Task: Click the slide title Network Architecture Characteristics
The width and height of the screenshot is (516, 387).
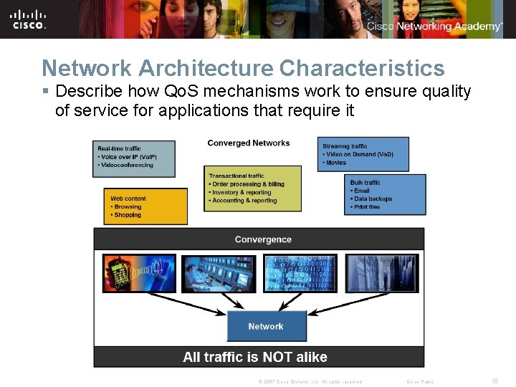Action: (243, 68)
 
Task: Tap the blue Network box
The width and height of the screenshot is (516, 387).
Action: (266, 327)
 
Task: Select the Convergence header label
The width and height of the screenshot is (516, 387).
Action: (263, 239)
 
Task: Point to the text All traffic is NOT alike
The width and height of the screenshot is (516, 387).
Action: (255, 357)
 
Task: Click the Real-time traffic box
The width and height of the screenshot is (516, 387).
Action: (135, 158)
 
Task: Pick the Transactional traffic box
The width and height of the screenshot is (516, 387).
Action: (254, 188)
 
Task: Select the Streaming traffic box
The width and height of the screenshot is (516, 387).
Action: (364, 154)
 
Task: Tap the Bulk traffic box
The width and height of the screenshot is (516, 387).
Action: (384, 194)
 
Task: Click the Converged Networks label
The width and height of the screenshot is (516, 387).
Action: (249, 143)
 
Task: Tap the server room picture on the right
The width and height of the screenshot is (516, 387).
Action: (384, 273)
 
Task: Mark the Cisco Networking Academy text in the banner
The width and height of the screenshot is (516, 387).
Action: (434, 27)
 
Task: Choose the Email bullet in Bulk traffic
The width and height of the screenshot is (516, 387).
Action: (362, 191)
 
